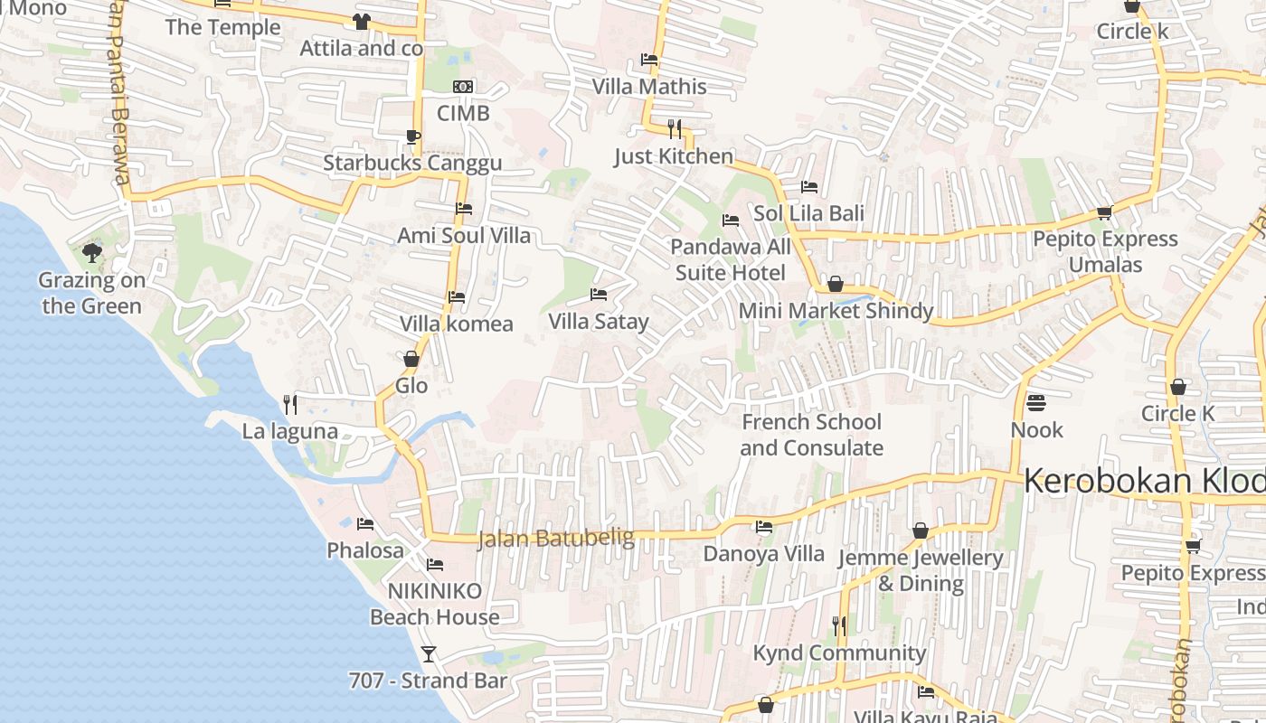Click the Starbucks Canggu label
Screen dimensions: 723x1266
click(412, 164)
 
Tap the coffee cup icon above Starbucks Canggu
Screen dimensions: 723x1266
click(412, 136)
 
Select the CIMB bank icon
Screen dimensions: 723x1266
click(463, 88)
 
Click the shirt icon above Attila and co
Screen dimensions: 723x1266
click(362, 22)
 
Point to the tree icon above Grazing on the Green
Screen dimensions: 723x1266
click(91, 252)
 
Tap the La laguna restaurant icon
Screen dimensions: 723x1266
click(290, 404)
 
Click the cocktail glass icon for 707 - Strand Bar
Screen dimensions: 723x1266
click(429, 653)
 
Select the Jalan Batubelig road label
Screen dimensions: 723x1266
click(555, 538)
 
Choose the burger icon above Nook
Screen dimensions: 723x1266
click(1036, 401)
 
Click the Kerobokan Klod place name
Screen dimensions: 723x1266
click(1144, 481)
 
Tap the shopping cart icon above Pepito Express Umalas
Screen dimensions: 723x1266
click(1104, 212)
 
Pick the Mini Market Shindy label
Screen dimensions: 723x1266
click(836, 311)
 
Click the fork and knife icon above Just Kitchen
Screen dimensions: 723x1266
click(674, 128)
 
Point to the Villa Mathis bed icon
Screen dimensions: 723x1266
click(649, 60)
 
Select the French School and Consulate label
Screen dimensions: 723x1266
click(811, 435)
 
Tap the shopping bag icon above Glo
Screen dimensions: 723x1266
click(411, 359)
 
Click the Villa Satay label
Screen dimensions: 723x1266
click(599, 322)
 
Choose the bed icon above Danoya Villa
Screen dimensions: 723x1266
click(764, 527)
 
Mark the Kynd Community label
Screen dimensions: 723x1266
click(839, 653)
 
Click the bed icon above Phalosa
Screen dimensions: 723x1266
click(365, 523)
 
